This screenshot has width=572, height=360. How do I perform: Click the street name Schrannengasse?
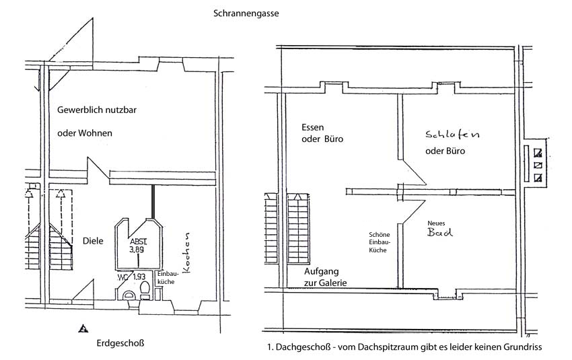tap(246, 14)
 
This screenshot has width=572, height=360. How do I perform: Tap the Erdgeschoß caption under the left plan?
tap(120, 343)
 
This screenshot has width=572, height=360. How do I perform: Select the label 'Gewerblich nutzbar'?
tap(97, 110)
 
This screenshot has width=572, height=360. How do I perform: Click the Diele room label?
tap(93, 241)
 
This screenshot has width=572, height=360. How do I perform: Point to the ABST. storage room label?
tap(138, 242)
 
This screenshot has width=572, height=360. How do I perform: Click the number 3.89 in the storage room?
tap(137, 250)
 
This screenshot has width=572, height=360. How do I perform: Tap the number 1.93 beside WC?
tap(139, 277)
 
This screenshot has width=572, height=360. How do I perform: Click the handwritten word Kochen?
tap(186, 252)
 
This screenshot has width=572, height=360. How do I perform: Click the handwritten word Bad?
tap(439, 232)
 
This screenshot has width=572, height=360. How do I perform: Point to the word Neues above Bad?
tap(436, 223)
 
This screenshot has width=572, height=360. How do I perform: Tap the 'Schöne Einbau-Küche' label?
tap(379, 242)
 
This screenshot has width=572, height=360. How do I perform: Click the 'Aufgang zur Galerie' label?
tap(326, 277)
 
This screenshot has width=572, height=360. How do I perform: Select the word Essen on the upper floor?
tap(313, 127)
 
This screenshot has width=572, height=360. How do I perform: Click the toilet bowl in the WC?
tap(145, 289)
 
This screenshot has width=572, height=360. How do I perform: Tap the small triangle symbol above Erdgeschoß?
tap(83, 328)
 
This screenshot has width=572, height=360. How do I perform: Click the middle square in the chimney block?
tap(538, 166)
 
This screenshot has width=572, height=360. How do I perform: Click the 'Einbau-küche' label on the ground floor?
tap(167, 277)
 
